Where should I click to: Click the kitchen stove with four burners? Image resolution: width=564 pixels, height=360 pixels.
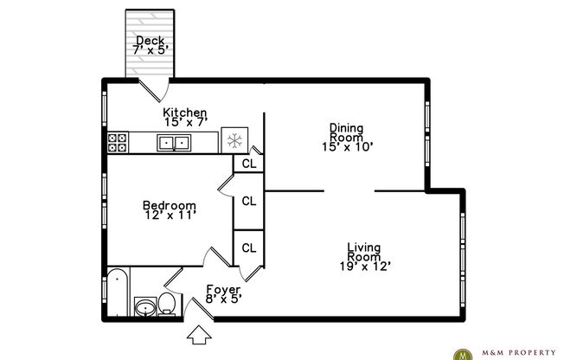(x=117, y=143)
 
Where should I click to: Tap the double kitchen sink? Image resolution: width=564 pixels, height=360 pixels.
(x=175, y=143)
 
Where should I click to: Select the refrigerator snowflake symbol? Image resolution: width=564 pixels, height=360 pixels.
(x=234, y=141)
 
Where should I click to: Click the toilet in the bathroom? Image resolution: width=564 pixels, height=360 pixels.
(x=167, y=305)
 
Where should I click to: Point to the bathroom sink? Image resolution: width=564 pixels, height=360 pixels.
(x=144, y=306)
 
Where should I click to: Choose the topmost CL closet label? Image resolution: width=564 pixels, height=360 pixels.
(x=248, y=163)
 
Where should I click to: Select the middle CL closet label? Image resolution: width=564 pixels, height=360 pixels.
(x=248, y=201)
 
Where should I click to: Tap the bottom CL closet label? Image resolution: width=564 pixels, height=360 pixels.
(x=248, y=247)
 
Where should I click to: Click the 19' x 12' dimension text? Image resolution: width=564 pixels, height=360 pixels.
(x=364, y=266)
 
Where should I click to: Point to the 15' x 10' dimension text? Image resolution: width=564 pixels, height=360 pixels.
(x=346, y=146)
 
